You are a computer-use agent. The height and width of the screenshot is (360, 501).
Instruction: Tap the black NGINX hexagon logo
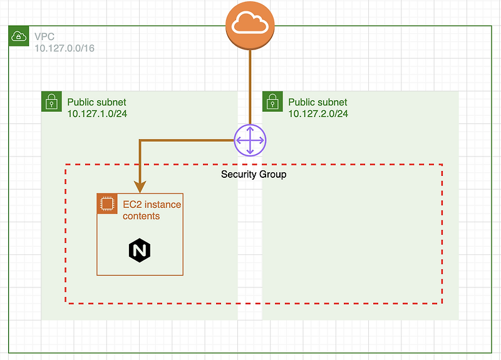coord(140,250)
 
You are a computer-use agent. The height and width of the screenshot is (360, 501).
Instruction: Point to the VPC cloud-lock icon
coord(18,37)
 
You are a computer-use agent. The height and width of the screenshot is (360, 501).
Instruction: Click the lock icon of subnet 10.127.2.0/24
coord(272,101)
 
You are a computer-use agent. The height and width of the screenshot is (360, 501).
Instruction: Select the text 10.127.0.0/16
coord(65,48)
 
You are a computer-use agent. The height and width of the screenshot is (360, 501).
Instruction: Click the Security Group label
coord(254,174)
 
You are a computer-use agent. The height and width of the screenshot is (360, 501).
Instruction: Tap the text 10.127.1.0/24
coord(97,113)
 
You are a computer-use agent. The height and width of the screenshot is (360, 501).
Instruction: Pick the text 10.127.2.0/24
coord(318,113)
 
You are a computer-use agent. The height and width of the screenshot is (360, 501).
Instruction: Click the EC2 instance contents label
coord(152,210)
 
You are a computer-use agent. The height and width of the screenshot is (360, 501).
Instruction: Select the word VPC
coord(44,37)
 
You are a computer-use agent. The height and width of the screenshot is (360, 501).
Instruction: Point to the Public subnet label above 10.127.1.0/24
coord(96,102)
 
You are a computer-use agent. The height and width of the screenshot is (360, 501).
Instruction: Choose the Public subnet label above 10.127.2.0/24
coord(318,102)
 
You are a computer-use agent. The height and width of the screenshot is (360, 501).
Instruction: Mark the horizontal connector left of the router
coord(188,140)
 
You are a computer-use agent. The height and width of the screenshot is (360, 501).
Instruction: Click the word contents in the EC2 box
coord(141,216)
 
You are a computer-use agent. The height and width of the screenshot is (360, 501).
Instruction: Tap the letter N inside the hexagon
coord(140,250)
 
